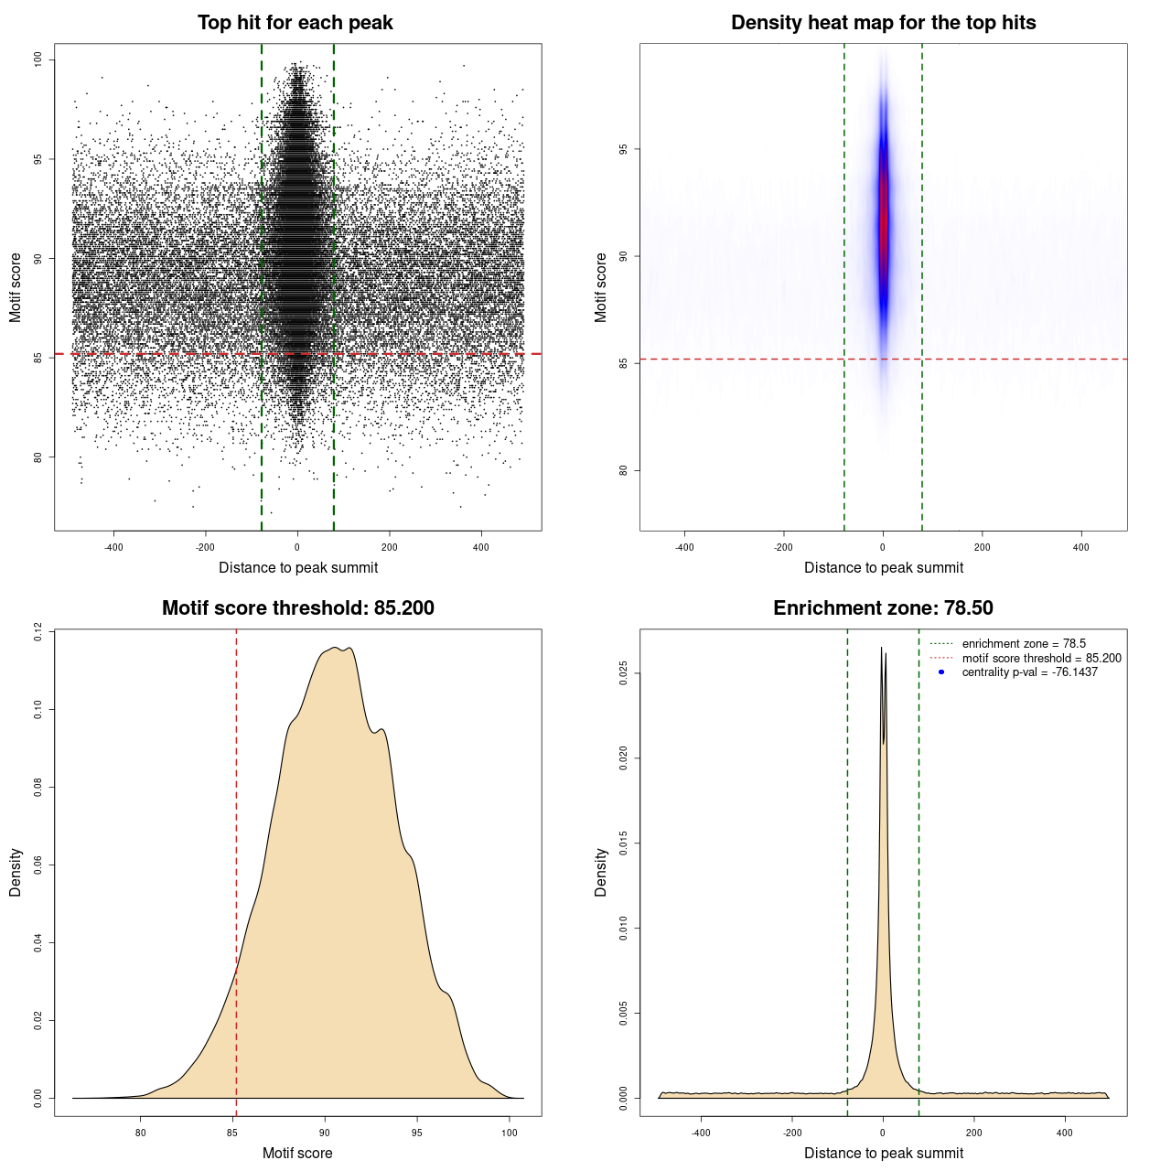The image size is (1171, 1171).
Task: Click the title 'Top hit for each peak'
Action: point(295,23)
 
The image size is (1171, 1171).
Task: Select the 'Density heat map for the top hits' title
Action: point(883,23)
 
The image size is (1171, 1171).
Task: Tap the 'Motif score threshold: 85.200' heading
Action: point(297,608)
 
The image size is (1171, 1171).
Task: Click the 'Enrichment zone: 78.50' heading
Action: point(883,608)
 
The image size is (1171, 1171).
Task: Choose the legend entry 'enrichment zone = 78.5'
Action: point(1024,644)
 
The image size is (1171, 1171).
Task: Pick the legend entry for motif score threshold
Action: point(1041,658)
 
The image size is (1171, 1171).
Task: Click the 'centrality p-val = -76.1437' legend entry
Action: point(1029,672)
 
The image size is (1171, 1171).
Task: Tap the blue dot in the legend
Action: point(941,672)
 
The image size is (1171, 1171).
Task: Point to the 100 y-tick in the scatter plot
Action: point(38,59)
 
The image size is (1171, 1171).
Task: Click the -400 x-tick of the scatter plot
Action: point(113,547)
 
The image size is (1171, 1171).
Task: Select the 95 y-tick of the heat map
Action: point(624,149)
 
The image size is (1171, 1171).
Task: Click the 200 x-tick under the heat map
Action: point(982,547)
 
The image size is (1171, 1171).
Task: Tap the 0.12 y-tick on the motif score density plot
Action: point(38,631)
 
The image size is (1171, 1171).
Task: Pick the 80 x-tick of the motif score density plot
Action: point(140,1133)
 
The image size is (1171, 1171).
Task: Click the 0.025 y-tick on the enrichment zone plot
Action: point(624,674)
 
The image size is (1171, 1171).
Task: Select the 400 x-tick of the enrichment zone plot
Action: point(1064,1133)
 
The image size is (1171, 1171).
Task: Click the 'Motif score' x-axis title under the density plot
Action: point(297,1153)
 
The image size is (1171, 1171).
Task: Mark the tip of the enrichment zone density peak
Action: point(882,649)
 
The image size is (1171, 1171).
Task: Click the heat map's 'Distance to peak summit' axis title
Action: point(883,567)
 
